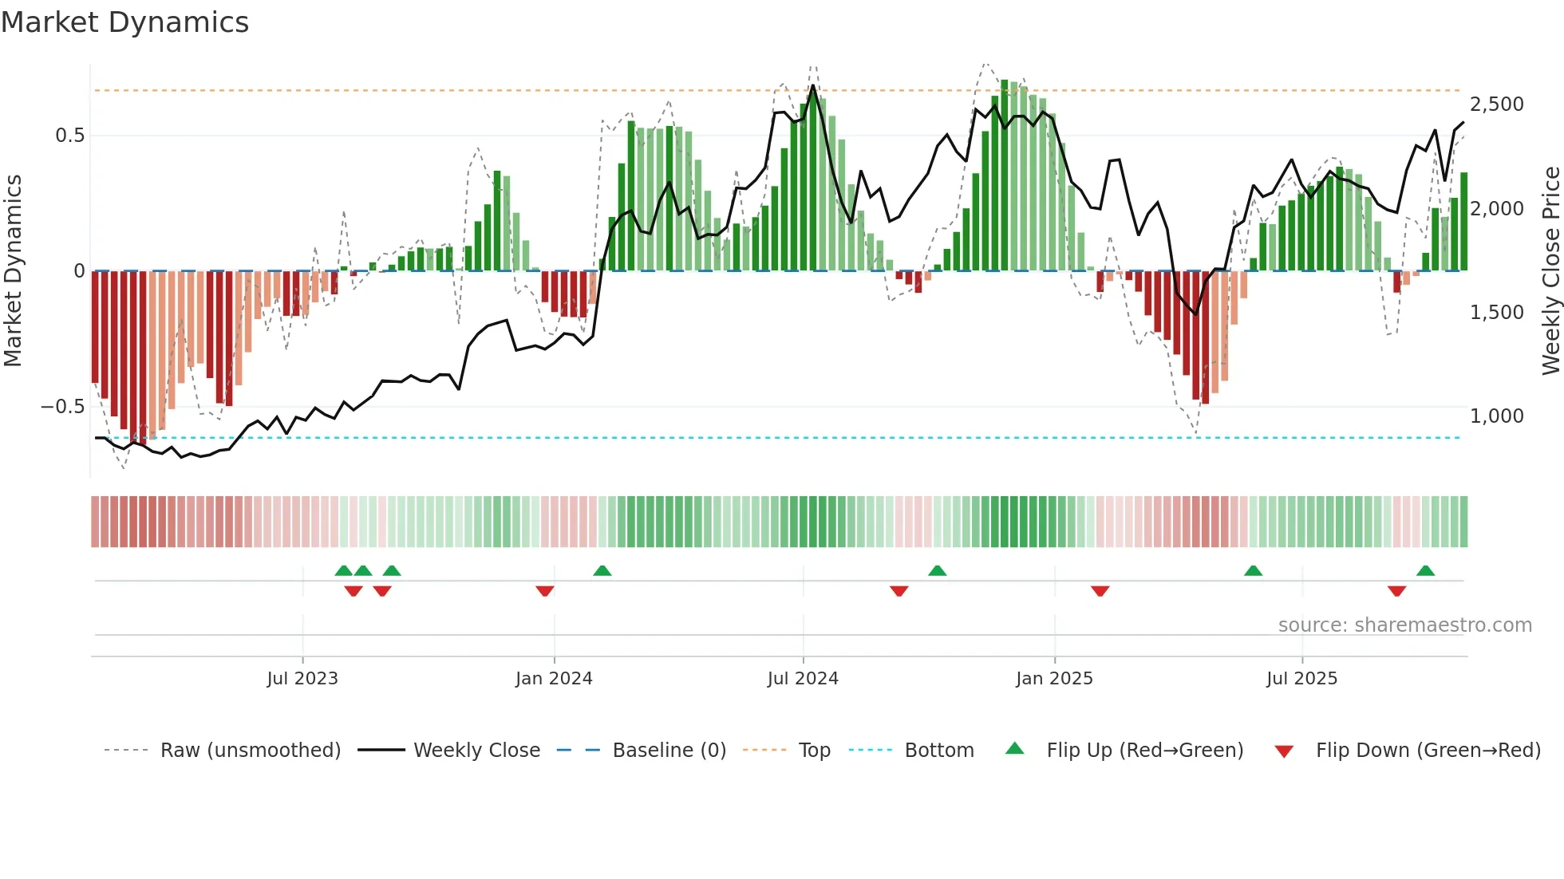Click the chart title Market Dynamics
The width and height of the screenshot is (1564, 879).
coord(125,22)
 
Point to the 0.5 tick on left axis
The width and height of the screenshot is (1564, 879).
coord(69,136)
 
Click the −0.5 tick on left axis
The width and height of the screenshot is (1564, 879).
coord(62,407)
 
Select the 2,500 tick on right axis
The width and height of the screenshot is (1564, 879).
coord(1497,104)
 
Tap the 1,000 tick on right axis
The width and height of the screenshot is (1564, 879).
coord(1497,416)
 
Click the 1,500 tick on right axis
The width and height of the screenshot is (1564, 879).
coord(1497,313)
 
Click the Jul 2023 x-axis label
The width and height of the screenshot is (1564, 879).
coord(302,679)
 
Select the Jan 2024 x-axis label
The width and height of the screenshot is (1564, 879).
coord(554,679)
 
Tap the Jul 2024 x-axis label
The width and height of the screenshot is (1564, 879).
coord(803,679)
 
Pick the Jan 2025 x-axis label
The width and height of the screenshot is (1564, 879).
coord(1054,679)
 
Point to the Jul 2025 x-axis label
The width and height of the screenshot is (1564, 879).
coord(1301,679)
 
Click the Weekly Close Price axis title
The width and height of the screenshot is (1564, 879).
coord(1550,271)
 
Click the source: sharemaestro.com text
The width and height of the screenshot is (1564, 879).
coord(1404,625)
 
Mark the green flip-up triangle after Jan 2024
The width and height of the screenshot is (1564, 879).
coord(602,571)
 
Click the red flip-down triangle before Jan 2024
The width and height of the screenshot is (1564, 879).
coord(545,591)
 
